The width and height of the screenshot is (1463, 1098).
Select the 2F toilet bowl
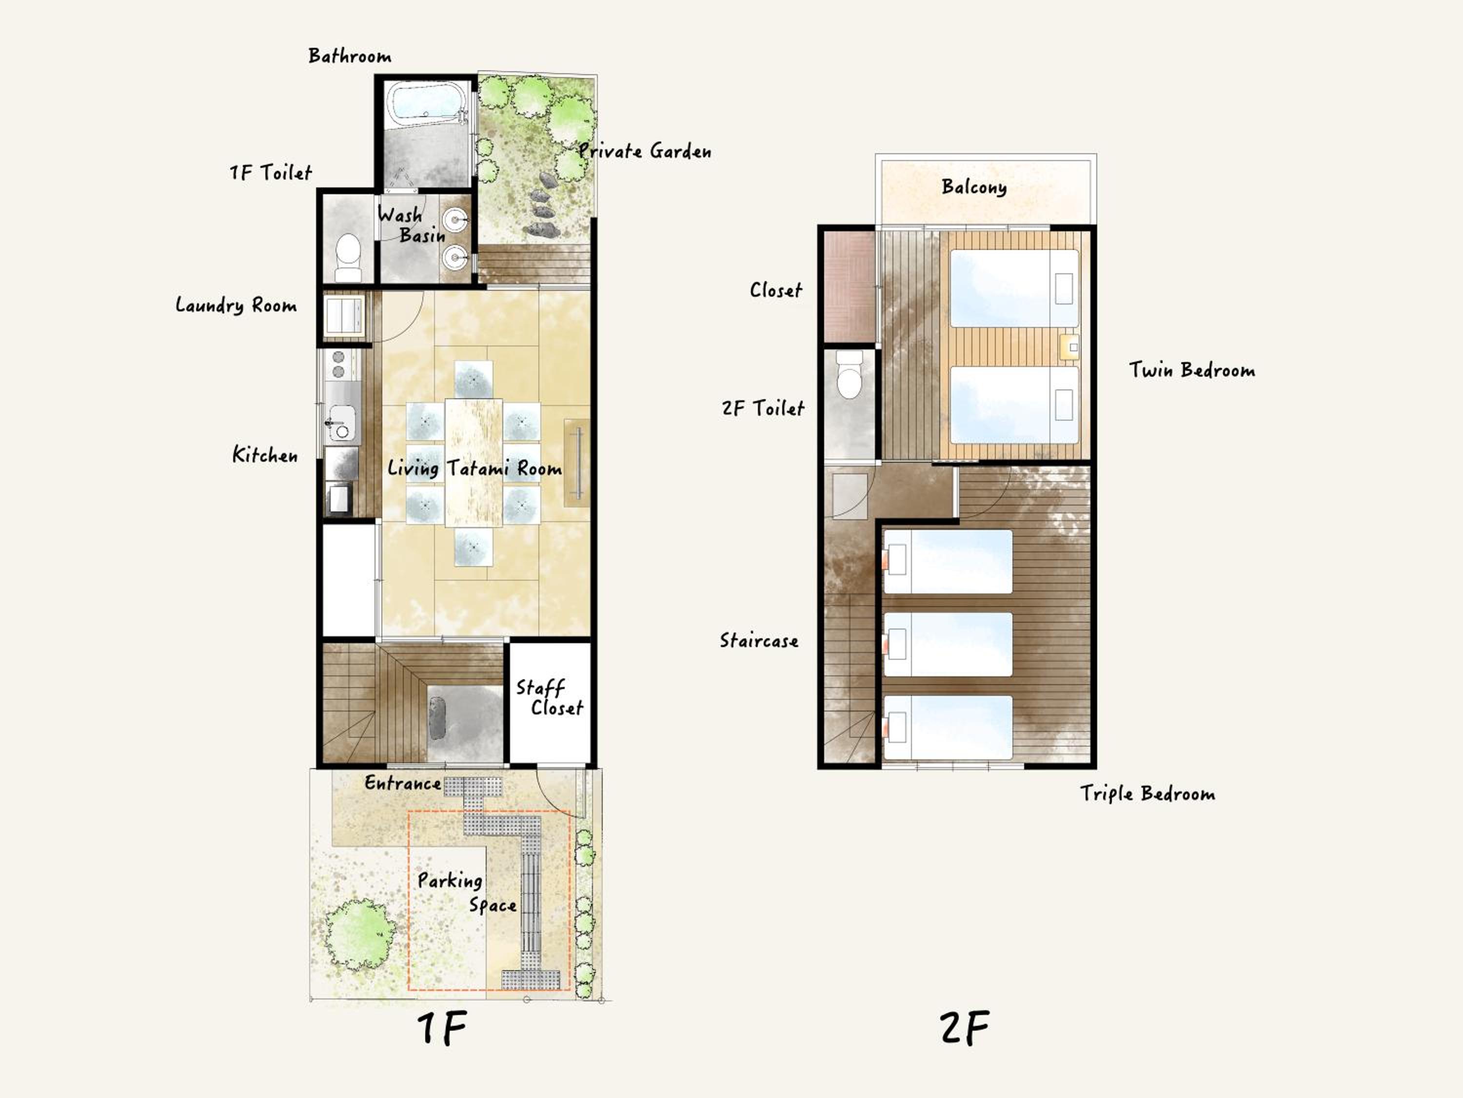(x=849, y=374)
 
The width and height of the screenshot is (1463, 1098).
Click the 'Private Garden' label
(x=645, y=151)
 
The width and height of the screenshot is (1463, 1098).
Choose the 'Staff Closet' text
(x=549, y=697)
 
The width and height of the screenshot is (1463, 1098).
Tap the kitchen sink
(x=341, y=424)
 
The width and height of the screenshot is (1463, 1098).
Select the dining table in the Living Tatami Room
(x=474, y=462)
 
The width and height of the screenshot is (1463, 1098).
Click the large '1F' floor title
(x=442, y=1027)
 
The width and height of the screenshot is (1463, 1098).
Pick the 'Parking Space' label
(x=467, y=892)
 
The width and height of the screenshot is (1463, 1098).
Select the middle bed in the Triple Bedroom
(x=947, y=644)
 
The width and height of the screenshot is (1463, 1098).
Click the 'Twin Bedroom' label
(x=1192, y=369)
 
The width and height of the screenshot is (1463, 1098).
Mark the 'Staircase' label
(x=759, y=640)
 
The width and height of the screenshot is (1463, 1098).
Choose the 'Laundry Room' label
(x=236, y=305)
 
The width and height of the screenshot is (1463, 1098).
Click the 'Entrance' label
(x=403, y=783)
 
